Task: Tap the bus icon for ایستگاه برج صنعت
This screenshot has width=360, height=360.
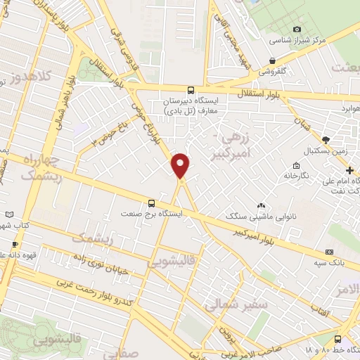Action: (x=152, y=202)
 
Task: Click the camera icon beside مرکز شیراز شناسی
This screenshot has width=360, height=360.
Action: (x=297, y=29)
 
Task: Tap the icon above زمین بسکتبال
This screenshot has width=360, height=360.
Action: (x=325, y=139)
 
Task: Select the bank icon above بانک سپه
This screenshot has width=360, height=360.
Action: (x=329, y=252)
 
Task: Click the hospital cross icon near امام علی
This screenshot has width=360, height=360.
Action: (x=350, y=169)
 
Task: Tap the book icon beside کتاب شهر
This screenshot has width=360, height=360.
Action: (x=8, y=214)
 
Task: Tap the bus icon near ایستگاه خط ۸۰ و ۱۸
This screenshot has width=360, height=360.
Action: (x=337, y=338)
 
